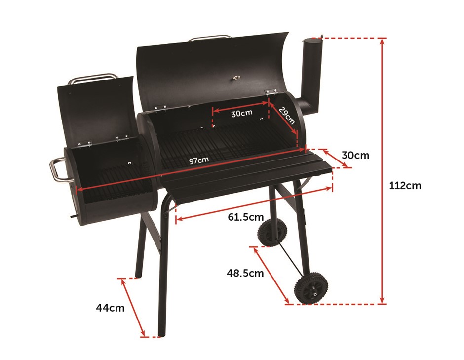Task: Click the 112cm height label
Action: pyautogui.click(x=405, y=186)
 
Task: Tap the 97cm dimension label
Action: pyautogui.click(x=199, y=160)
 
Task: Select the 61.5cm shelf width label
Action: pyautogui.click(x=246, y=217)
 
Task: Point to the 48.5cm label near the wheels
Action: pyautogui.click(x=245, y=273)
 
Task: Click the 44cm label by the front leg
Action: pyautogui.click(x=110, y=308)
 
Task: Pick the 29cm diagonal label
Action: pyautogui.click(x=286, y=115)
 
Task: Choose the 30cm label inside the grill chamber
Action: pyautogui.click(x=242, y=113)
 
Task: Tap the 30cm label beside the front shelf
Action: pyautogui.click(x=355, y=155)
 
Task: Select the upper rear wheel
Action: pyautogui.click(x=268, y=233)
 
